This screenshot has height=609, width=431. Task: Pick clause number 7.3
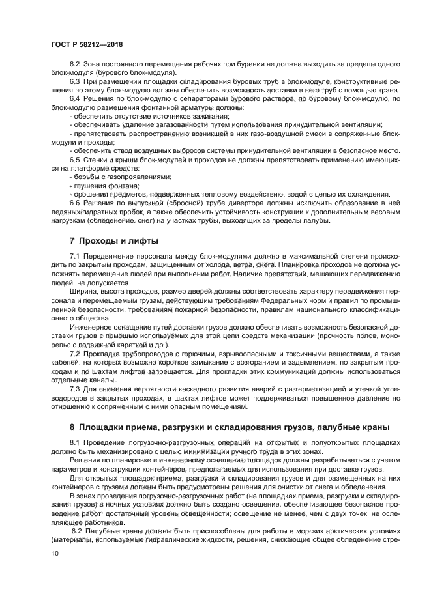(x=74, y=388)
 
